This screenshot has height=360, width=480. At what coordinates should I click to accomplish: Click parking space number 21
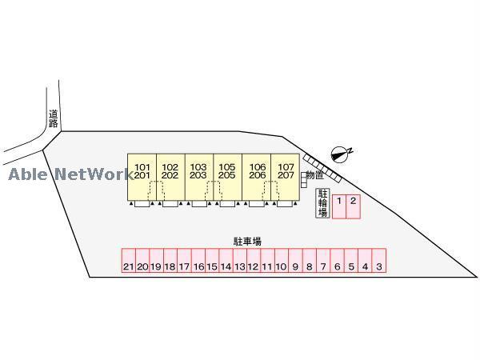tap(128, 266)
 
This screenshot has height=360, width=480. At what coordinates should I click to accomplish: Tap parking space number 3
tap(379, 266)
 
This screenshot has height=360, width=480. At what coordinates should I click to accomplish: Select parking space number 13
tap(239, 266)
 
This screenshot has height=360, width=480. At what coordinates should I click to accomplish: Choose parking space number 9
tap(295, 266)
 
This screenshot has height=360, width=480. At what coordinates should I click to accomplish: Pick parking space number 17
tap(184, 266)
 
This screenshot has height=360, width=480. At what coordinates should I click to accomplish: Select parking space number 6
tap(338, 266)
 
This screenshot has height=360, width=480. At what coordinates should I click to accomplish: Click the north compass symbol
tap(342, 151)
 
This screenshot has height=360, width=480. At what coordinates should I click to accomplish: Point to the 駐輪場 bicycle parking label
tap(323, 204)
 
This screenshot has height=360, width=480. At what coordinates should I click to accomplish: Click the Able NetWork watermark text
tap(70, 174)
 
